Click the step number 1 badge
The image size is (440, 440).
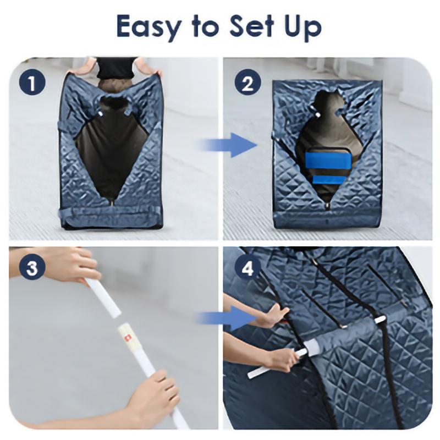click(32, 82)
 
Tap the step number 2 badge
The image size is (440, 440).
click(248, 82)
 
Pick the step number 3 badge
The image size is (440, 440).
click(32, 267)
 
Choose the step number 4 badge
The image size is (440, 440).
click(248, 267)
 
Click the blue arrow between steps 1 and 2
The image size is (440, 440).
click(227, 145)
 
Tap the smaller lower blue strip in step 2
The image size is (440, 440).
click(328, 180)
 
